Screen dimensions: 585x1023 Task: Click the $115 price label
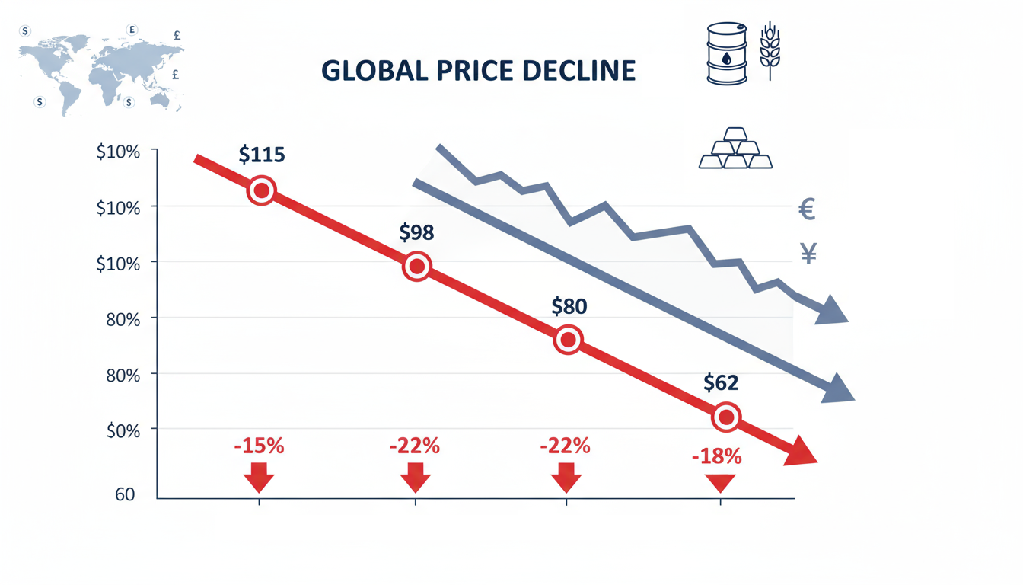point(261,155)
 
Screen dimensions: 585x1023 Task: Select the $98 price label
point(416,232)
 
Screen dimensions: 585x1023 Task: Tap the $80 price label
point(569,306)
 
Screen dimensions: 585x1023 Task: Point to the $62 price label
point(721,382)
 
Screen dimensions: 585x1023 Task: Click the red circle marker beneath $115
point(261,190)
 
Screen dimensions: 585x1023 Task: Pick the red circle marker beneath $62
point(726,417)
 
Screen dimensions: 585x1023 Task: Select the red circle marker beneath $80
point(568,340)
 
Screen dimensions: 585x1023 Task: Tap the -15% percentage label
point(260,446)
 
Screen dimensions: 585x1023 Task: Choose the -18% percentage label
point(716,457)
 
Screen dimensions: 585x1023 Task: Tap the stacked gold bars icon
point(735,149)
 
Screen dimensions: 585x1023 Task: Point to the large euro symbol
point(807,209)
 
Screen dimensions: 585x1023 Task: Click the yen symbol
point(808,254)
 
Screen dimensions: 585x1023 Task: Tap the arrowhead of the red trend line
point(801,451)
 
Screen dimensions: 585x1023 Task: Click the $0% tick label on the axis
point(119,431)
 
